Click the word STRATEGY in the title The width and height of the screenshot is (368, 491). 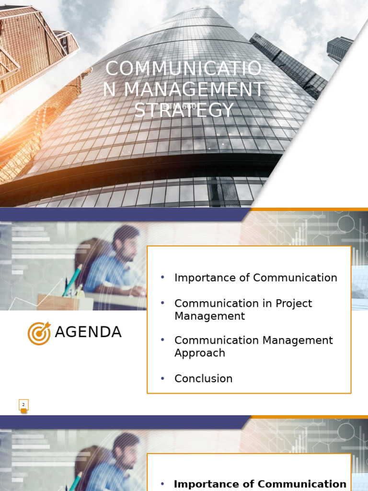184,110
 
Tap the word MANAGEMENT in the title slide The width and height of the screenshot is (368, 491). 194,90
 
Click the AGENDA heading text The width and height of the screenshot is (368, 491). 88,332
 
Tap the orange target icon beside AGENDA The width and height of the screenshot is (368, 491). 39,333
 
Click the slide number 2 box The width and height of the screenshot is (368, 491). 23,405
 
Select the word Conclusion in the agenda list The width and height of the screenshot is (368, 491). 203,379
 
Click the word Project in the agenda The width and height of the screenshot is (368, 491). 296,304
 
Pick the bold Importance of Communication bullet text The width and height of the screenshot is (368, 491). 260,484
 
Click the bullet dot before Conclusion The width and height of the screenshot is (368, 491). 162,378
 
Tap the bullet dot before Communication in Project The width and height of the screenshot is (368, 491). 162,303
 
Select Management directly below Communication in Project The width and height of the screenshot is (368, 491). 209,316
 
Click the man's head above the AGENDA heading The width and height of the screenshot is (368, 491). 126,242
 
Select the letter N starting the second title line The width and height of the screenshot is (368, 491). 109,90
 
